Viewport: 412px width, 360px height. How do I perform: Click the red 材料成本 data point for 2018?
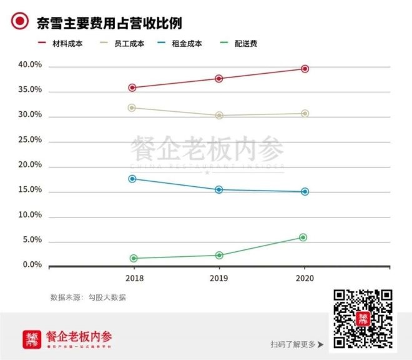(x=132, y=87)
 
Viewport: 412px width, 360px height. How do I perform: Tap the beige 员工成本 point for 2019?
(x=219, y=116)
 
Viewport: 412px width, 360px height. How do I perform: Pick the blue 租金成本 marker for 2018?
(x=132, y=179)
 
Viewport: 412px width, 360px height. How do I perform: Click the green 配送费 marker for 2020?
(x=303, y=237)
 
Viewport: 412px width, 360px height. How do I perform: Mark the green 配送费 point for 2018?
(x=134, y=258)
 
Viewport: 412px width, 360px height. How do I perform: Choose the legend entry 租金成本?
(x=187, y=44)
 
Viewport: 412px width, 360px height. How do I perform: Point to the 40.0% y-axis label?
(x=30, y=65)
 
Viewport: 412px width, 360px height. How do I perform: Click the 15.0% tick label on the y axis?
(x=30, y=190)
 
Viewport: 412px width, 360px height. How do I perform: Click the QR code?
(x=363, y=319)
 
